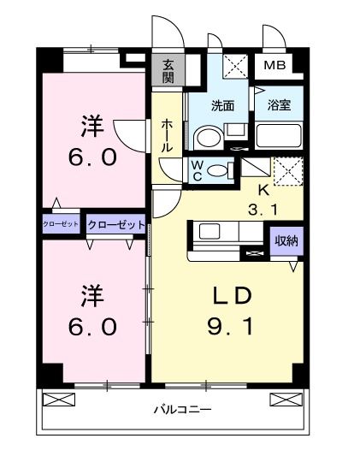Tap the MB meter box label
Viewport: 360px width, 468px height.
pos(274,66)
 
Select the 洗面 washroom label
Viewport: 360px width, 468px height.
pos(223,107)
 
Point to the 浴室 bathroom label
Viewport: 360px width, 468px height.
pos(278,107)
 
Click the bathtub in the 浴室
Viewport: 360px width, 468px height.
pos(278,136)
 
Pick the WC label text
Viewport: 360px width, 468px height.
pos(196,169)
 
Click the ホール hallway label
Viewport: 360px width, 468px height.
pos(167,135)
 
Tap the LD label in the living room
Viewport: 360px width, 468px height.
pos(232,295)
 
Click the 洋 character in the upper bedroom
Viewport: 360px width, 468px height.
pos(91,127)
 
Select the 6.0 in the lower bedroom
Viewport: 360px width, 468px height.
pos(91,328)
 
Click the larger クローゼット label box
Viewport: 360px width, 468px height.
pos(115,224)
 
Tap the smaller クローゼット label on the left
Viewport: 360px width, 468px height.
pos(61,224)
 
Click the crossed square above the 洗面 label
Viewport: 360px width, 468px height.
pos(233,67)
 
